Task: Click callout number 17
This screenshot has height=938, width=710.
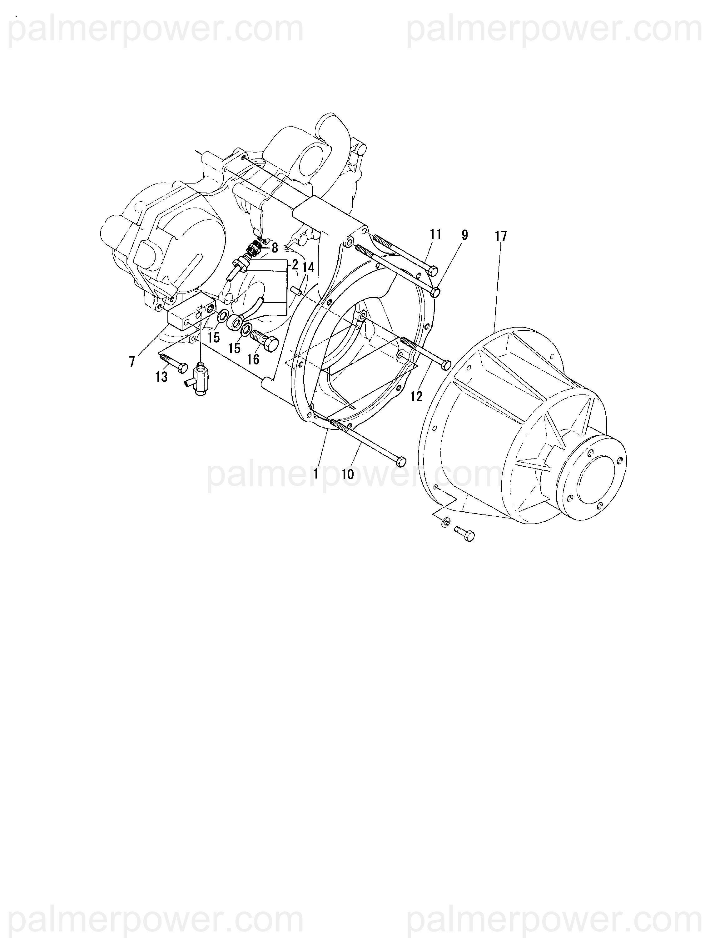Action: click(501, 237)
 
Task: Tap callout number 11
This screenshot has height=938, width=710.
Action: click(435, 234)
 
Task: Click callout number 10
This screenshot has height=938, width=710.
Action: click(348, 474)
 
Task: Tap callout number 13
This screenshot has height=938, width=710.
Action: click(161, 377)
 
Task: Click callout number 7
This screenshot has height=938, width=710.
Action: click(132, 362)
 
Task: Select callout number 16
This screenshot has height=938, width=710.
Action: click(253, 359)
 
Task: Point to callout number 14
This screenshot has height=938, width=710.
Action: click(309, 268)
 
